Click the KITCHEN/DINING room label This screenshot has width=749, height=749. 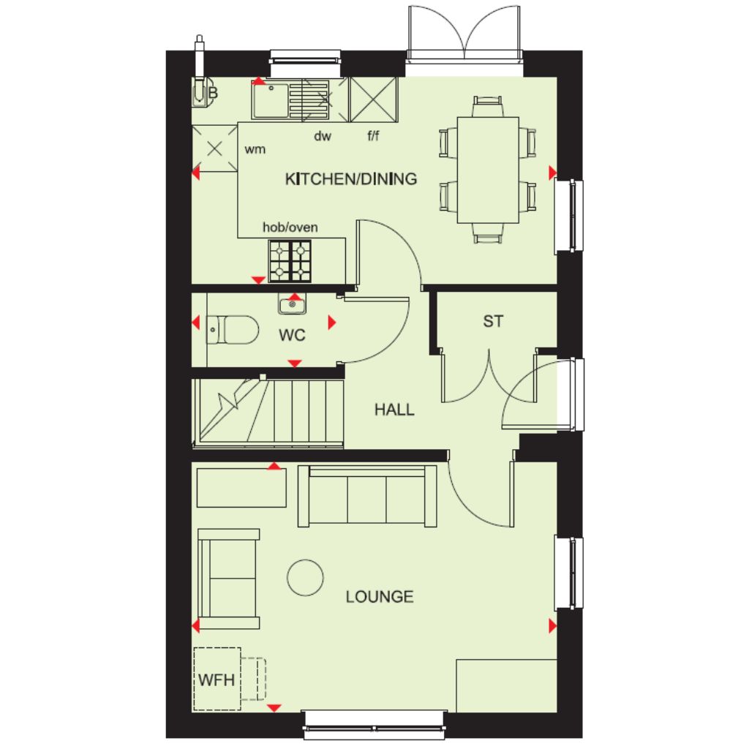(x=351, y=179)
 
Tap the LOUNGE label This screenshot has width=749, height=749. (x=380, y=597)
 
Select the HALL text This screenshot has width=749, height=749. (x=394, y=410)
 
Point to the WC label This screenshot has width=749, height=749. (x=292, y=335)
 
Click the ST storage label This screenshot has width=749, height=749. (x=493, y=322)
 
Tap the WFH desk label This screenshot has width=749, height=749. (x=217, y=680)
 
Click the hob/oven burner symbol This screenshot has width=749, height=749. (x=290, y=261)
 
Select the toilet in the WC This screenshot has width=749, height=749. (x=233, y=329)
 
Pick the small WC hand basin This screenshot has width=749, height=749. (x=292, y=304)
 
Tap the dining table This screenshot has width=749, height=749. (x=488, y=170)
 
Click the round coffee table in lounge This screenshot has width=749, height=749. (x=305, y=578)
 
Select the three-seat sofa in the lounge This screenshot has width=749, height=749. (x=367, y=497)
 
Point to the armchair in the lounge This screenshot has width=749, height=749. (x=229, y=579)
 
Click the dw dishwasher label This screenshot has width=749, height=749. (x=323, y=136)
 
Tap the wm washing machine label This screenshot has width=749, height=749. (x=255, y=149)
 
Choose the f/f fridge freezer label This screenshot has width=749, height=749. (x=373, y=135)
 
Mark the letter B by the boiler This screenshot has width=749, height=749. (x=213, y=93)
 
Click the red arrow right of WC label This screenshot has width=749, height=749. (x=332, y=323)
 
